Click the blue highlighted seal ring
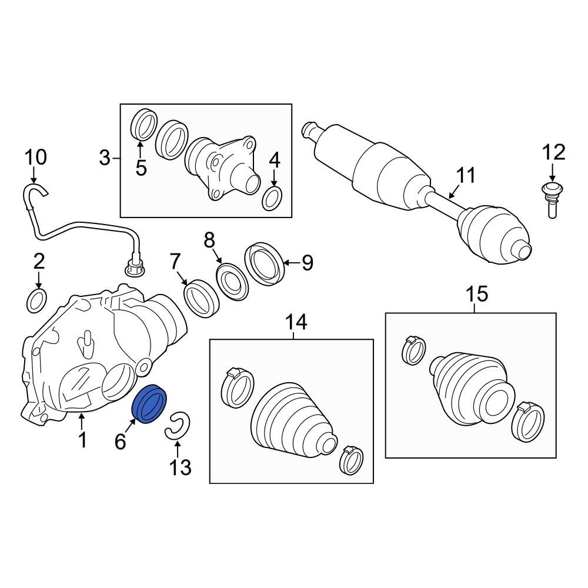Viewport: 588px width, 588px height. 151,403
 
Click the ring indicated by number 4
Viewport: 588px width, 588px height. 272,198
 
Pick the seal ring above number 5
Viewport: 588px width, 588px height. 143,125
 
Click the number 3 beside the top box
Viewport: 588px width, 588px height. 105,158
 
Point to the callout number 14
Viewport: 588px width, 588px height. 296,322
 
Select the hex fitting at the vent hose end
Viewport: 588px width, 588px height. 135,266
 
